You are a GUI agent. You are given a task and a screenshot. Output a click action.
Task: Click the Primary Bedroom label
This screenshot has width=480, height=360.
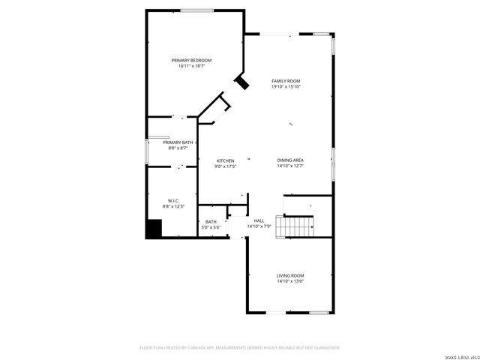[x=191, y=60]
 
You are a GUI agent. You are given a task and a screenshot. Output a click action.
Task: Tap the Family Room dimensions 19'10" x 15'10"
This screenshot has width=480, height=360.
[x=286, y=87]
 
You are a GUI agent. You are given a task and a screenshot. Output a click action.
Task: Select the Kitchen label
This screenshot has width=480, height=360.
[x=226, y=160]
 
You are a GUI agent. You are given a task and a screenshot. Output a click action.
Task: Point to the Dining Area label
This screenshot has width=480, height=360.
[x=290, y=160]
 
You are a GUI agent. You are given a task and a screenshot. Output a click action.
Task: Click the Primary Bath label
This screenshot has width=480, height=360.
[x=178, y=142]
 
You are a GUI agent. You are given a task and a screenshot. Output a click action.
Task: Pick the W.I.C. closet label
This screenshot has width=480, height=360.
[x=173, y=200]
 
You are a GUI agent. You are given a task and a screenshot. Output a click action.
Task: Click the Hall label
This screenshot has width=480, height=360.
[x=259, y=220]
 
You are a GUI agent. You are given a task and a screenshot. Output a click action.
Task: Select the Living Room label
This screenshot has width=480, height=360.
[x=290, y=275]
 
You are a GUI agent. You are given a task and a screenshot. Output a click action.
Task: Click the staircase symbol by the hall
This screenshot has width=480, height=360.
[x=295, y=226]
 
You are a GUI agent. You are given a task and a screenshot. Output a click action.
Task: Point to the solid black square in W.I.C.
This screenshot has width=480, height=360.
[x=154, y=228]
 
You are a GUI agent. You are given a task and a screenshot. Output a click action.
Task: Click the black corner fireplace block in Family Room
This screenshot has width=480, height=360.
[x=242, y=82]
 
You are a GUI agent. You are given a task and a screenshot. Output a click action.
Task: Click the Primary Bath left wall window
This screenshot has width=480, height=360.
[x=147, y=149]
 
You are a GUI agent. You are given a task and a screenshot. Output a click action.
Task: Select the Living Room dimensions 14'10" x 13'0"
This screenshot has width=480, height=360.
[x=290, y=281]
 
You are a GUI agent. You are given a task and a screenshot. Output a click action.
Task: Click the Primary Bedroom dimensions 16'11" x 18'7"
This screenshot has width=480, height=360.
[x=191, y=66]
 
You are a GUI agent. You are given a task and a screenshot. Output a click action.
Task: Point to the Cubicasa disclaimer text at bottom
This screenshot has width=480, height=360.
[x=240, y=348]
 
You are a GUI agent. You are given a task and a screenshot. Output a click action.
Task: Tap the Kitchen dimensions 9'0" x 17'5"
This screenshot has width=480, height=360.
[x=226, y=166]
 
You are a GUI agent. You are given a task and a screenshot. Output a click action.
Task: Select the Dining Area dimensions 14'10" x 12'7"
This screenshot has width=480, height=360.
[x=290, y=166]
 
